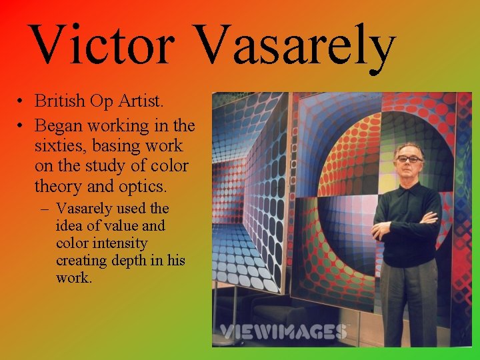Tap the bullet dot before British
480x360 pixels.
pyautogui.click(x=22, y=101)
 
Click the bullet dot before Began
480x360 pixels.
pyautogui.click(x=22, y=126)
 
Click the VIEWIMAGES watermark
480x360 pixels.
pyautogui.click(x=283, y=331)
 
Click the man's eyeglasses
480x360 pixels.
pyautogui.click(x=408, y=159)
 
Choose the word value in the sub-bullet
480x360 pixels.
pyautogui.click(x=127, y=226)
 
